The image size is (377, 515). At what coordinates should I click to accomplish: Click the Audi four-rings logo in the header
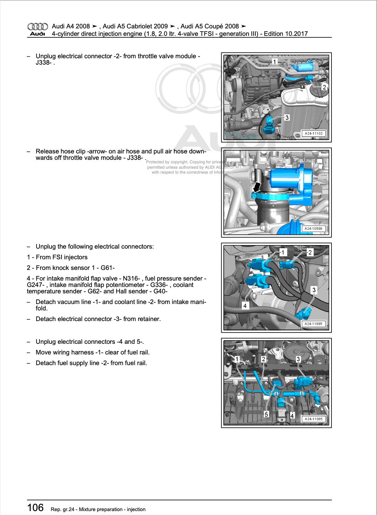pyautogui.click(x=37, y=26)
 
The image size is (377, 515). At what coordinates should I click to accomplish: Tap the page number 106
pyautogui.click(x=36, y=508)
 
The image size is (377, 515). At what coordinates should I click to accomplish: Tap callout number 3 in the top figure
pyautogui.click(x=287, y=118)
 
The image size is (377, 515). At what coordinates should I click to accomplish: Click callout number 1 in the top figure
pyautogui.click(x=274, y=62)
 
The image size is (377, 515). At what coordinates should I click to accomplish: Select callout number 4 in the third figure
pyautogui.click(x=245, y=305)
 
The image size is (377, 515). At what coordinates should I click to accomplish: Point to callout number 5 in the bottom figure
pyautogui.click(x=266, y=414)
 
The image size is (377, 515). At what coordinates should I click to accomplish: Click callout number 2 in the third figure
pyautogui.click(x=310, y=253)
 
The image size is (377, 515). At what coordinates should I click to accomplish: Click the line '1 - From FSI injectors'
pyautogui.click(x=57, y=257)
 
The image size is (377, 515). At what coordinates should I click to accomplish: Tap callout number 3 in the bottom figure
pyautogui.click(x=298, y=359)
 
